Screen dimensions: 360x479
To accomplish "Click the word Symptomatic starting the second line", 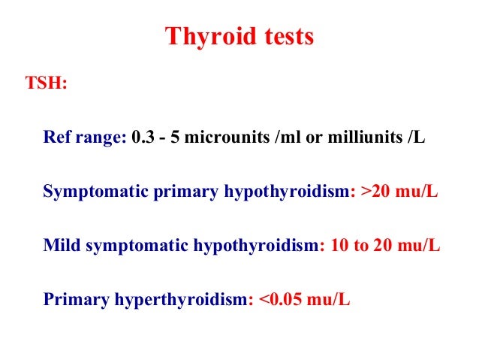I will pyautogui.click(x=89, y=192).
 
